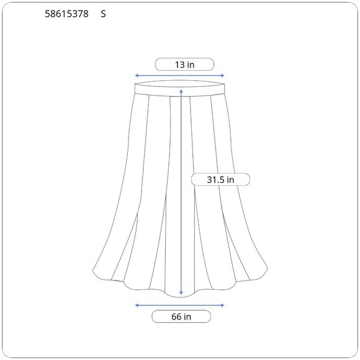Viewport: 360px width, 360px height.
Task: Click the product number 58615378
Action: click(x=66, y=14)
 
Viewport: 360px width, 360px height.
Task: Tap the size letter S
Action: click(x=103, y=14)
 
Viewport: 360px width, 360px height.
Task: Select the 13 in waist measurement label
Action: click(x=184, y=65)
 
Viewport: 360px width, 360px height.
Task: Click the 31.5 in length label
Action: click(x=220, y=179)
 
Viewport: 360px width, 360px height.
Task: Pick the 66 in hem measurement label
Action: click(x=181, y=317)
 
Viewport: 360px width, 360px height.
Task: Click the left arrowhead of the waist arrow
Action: click(x=137, y=75)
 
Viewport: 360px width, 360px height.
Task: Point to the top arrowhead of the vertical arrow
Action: click(x=181, y=91)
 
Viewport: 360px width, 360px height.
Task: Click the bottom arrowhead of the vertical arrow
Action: click(x=181, y=293)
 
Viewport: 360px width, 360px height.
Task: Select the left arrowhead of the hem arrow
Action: click(x=137, y=305)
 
